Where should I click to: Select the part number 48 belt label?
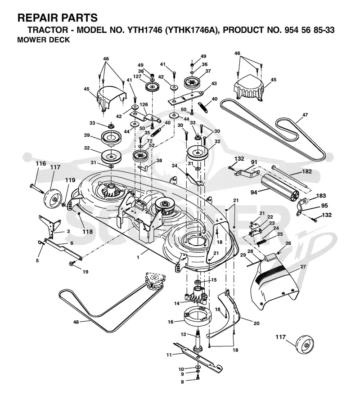(76, 322)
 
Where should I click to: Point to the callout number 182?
(306, 171)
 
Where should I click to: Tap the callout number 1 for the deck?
(138, 257)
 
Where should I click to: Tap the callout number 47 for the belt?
(305, 115)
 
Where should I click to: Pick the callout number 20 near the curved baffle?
(256, 323)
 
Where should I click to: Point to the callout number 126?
(144, 105)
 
